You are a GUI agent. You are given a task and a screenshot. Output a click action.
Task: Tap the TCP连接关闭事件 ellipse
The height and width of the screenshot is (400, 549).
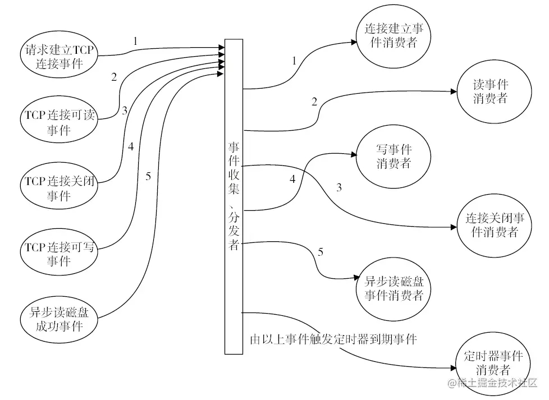58,188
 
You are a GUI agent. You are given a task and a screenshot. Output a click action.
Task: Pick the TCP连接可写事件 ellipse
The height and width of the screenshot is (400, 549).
58,254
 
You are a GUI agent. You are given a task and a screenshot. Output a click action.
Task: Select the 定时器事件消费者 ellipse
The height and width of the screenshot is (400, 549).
493,364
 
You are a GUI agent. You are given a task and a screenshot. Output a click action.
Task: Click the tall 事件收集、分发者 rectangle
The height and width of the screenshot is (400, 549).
234,196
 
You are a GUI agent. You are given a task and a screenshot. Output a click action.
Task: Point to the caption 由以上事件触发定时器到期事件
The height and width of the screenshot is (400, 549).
333,339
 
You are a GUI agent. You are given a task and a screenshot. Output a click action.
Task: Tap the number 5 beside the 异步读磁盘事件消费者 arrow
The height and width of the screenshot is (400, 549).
321,252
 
